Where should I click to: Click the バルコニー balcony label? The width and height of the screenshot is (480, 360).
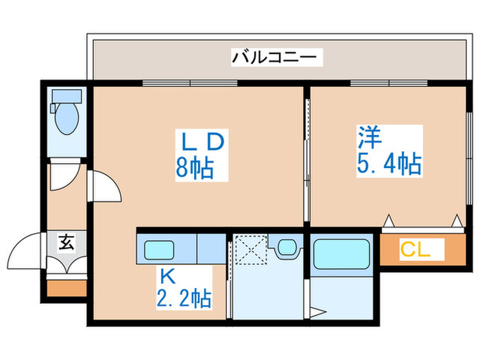[276, 57]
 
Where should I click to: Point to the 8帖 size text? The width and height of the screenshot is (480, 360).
[194, 167]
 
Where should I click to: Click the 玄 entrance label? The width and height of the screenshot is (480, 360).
[67, 241]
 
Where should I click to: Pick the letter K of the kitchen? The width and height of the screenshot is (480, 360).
[166, 276]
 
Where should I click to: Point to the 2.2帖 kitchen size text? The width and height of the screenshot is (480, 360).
[184, 299]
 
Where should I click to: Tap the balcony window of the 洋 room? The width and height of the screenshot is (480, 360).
[388, 84]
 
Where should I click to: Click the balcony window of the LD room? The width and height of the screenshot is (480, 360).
[189, 84]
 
